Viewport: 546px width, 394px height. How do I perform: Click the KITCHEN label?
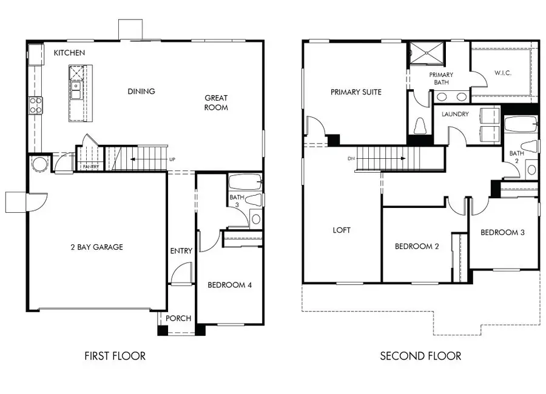tap(69, 53)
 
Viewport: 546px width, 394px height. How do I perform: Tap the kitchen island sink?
tap(76, 90)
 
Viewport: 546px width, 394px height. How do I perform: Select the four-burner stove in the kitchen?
tap(35, 105)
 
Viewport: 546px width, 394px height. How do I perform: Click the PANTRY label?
tap(91, 167)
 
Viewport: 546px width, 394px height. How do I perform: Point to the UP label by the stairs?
tap(172, 159)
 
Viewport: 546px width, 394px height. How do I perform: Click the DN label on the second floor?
tap(351, 158)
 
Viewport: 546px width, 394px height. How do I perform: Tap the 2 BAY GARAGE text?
tap(97, 247)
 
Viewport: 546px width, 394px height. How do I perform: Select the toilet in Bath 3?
tap(254, 200)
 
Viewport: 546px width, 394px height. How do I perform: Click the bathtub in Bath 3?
tap(245, 182)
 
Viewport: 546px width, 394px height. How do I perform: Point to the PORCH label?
tap(178, 318)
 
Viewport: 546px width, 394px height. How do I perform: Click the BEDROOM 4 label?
tap(229, 285)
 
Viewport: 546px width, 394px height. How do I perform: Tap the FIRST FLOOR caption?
tap(115, 356)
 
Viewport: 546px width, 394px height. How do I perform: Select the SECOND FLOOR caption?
tap(420, 356)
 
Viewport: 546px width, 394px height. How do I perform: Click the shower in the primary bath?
tap(427, 53)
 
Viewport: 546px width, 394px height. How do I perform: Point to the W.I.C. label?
tap(503, 73)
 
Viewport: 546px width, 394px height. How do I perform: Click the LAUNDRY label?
tap(455, 114)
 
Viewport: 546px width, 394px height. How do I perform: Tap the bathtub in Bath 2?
tap(521, 124)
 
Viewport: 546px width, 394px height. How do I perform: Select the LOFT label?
tap(342, 230)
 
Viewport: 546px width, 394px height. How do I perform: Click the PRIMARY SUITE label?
tap(356, 92)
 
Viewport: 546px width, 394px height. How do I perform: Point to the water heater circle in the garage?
tap(39, 164)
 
